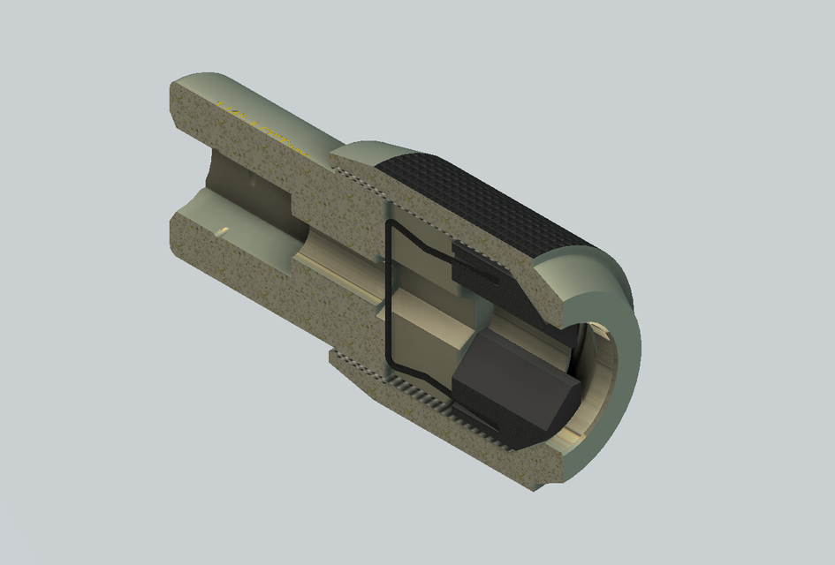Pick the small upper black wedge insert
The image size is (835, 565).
click(x=477, y=268)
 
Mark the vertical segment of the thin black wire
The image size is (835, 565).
click(x=385, y=291)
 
